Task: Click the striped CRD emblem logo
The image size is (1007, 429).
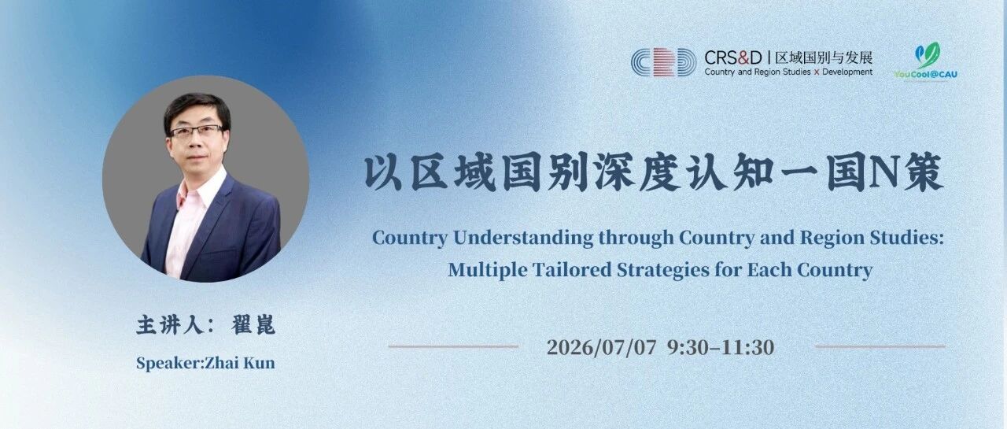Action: (663, 62)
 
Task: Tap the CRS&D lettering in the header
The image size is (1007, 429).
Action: (732, 57)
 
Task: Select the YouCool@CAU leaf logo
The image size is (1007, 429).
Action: (926, 61)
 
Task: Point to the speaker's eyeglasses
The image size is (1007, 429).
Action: (197, 131)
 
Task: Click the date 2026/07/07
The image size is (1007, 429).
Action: (602, 347)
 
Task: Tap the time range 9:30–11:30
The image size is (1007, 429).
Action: (721, 347)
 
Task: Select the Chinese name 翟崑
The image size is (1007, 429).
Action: (253, 325)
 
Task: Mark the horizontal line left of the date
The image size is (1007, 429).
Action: (453, 346)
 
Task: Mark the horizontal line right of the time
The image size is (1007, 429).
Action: (880, 346)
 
